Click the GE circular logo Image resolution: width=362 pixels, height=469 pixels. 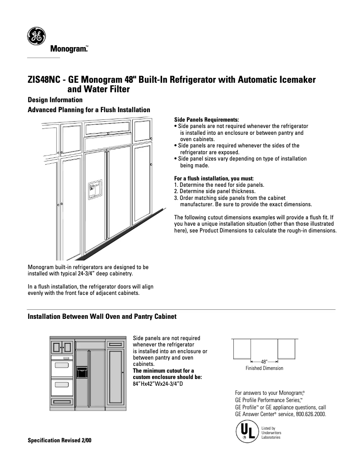click(x=37, y=37)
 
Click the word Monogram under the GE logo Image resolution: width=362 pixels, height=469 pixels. click(x=68, y=48)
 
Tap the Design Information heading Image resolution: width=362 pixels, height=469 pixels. click(x=55, y=100)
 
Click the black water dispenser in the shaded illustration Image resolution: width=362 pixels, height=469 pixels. click(x=82, y=372)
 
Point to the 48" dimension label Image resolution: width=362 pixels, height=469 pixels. click(x=265, y=362)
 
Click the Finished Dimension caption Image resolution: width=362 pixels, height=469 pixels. click(x=265, y=368)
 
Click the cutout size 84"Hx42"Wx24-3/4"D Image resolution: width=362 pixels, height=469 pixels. click(x=158, y=384)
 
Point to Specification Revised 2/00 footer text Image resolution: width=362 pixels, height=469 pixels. click(x=60, y=440)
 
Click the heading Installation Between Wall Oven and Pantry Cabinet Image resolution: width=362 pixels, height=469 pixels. click(x=102, y=317)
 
